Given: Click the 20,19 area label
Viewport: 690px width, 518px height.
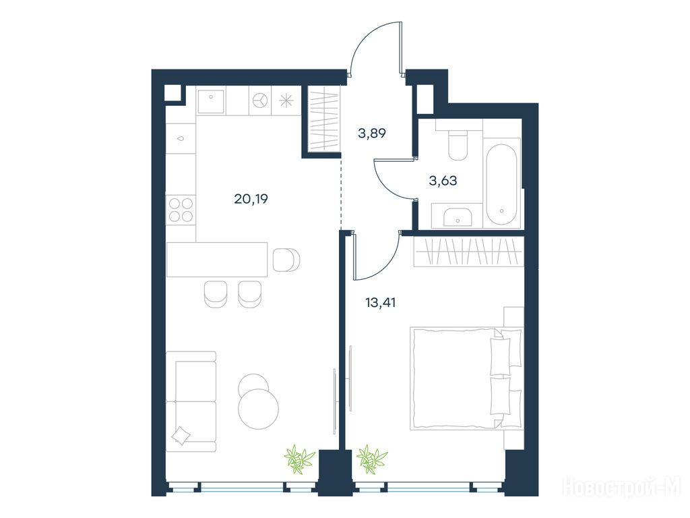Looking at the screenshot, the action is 251,199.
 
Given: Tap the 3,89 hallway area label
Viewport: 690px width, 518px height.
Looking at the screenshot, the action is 372,133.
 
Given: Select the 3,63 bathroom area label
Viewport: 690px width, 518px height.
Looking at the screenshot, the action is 443,180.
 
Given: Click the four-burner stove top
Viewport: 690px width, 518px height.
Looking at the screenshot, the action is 181,209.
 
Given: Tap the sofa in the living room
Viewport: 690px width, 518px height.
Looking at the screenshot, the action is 191,401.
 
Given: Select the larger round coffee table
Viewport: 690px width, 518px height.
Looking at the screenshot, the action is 258,409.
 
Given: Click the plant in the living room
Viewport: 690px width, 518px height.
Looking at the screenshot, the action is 299,459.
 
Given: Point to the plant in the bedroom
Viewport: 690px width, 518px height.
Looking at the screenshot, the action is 372,459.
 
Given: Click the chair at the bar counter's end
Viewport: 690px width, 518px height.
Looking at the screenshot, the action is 286,260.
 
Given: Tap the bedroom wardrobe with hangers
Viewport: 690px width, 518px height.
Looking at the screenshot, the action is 469,252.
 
